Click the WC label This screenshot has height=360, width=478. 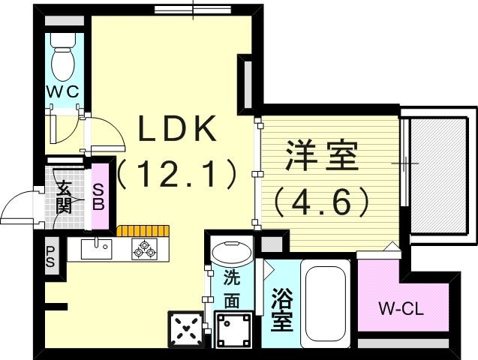pyautogui.click(x=65, y=91)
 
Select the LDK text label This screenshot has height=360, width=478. pyautogui.click(x=176, y=129)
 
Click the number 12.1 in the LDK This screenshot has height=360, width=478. pyautogui.click(x=177, y=174)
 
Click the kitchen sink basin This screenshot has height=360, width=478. pyautogui.click(x=95, y=249)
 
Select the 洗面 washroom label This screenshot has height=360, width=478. pyautogui.click(x=231, y=289)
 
